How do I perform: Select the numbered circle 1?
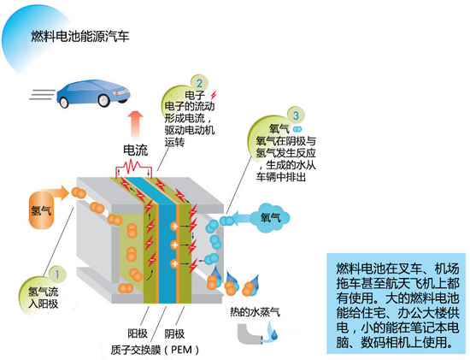point(56,274)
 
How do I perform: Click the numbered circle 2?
point(199,84)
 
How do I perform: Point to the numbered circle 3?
point(294,115)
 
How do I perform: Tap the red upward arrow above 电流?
point(135,120)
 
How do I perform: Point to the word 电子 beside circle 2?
point(185,93)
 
